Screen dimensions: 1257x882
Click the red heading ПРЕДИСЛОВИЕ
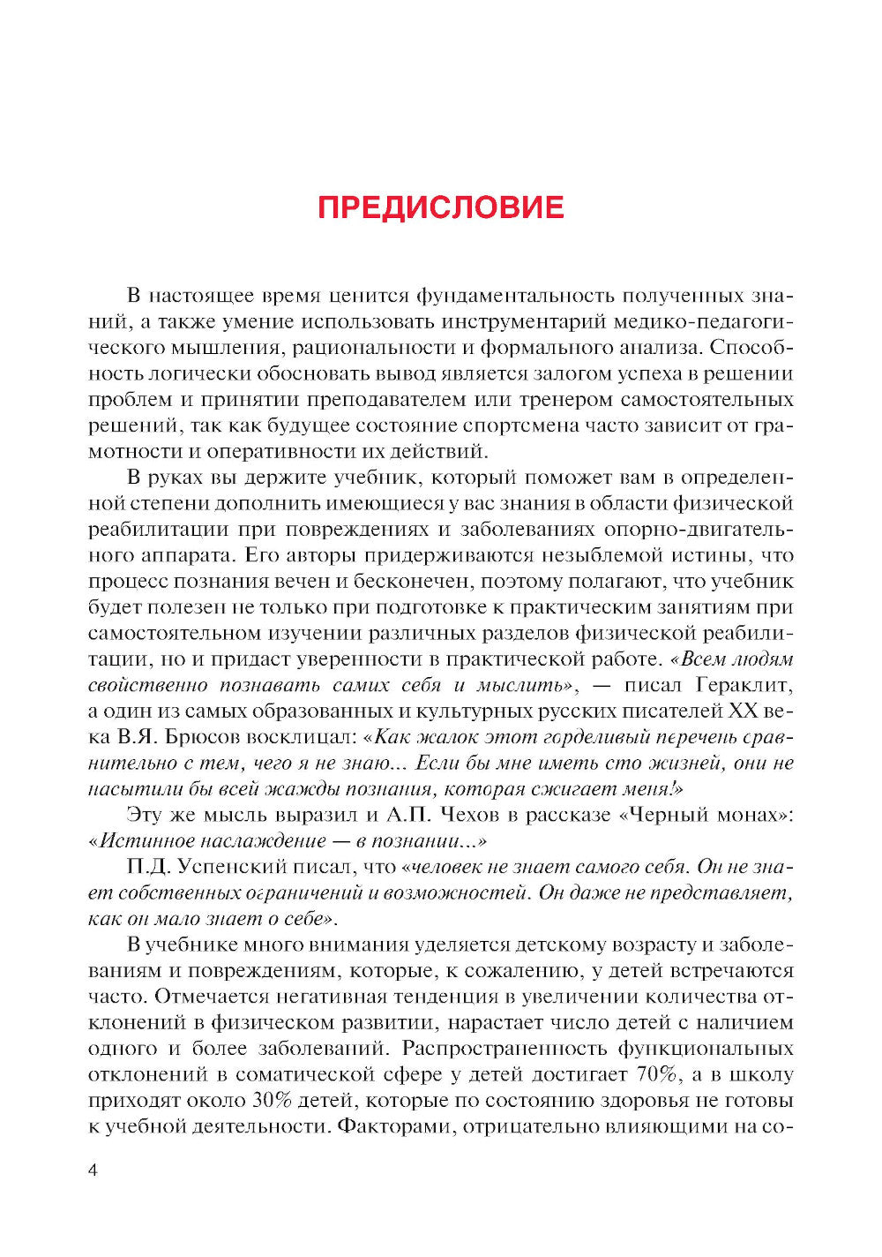click(440, 207)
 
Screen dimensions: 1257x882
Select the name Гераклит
click(744, 685)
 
